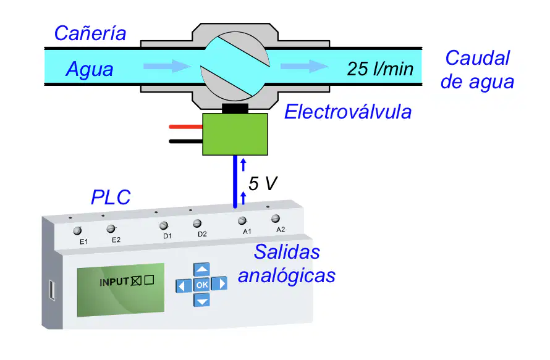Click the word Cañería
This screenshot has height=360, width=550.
pos(90,33)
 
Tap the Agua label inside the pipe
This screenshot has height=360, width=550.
pos(90,69)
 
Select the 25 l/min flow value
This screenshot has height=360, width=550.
pos(380,69)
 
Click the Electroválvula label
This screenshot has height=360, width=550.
pos(347,112)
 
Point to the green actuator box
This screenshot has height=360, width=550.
pos(235,134)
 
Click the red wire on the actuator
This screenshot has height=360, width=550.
pos(185,127)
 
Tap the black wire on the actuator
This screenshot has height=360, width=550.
pos(185,141)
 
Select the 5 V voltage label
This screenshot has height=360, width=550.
pos(263,183)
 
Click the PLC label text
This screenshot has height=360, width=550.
pos(111,197)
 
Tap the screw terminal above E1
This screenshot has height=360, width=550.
pos(77,231)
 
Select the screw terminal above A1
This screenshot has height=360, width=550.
pos(242,220)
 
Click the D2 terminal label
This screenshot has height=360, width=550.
pos(202,234)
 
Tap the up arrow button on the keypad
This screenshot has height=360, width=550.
pos(201,269)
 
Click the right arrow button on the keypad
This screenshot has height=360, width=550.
pos(220,283)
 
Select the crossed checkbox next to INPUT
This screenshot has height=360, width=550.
pos(136,281)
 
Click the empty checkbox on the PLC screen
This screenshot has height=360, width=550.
pos(149,280)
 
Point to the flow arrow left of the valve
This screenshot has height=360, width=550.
pos(167,66)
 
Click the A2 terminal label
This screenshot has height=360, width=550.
pos(281,230)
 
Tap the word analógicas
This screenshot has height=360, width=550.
pos(287,275)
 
